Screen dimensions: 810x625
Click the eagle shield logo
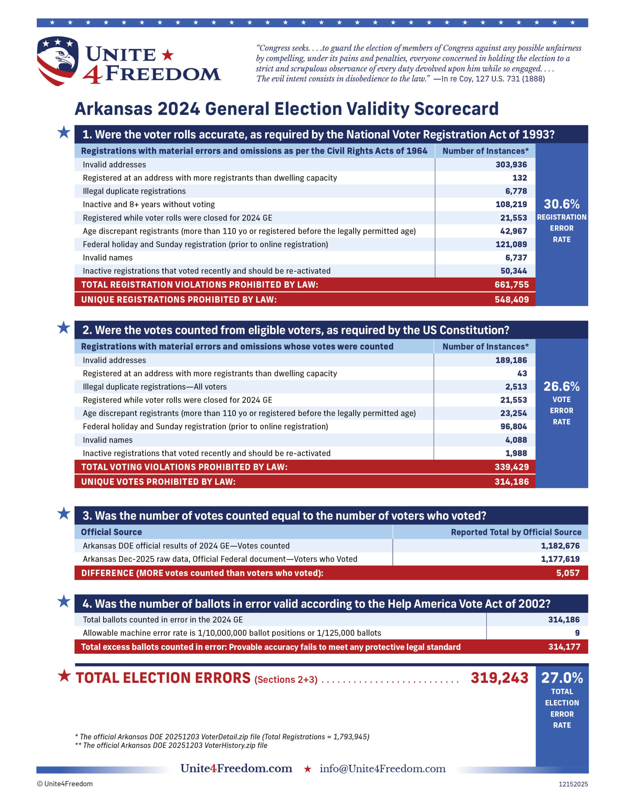[58, 60]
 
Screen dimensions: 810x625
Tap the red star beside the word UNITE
[168, 55]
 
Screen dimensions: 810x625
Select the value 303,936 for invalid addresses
[511, 164]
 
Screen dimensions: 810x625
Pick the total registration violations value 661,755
[512, 284]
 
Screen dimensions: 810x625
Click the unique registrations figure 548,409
[512, 299]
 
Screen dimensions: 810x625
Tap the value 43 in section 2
[522, 373]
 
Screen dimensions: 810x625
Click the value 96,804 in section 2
[513, 427]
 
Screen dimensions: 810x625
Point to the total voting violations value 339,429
[512, 467]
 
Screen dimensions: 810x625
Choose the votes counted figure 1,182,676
[560, 545]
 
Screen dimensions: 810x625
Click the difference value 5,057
[567, 573]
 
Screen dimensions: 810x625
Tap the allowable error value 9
[577, 633]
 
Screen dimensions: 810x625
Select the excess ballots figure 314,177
[564, 647]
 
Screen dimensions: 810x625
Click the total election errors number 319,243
[499, 678]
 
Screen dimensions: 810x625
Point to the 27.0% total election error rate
[562, 678]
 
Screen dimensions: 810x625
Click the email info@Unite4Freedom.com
[382, 769]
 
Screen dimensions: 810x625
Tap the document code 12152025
[573, 784]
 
